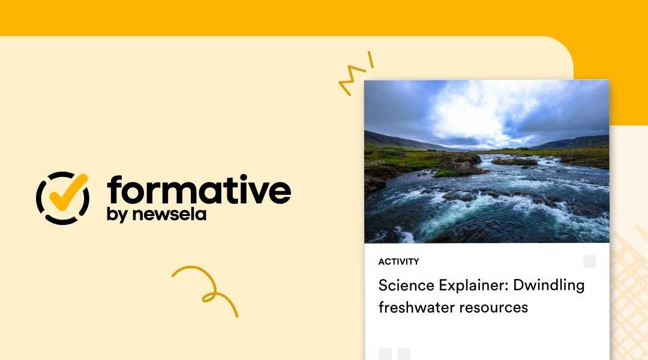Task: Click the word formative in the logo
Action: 199,191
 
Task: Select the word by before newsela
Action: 116,215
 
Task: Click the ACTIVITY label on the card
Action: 398,262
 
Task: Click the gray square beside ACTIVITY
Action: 590,262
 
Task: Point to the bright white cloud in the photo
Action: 480,111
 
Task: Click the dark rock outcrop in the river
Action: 459,163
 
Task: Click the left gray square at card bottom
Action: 385,354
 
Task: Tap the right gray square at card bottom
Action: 404,354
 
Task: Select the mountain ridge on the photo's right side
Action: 576,142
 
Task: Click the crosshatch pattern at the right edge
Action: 630,282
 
